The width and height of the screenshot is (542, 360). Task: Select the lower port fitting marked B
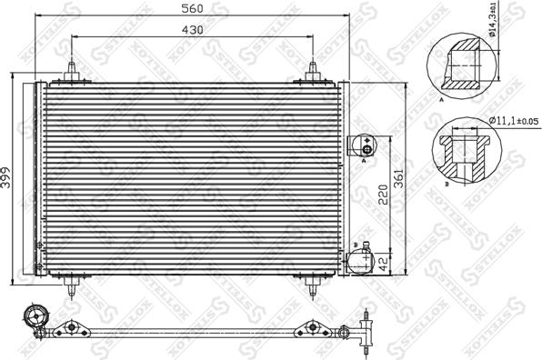click(x=361, y=259)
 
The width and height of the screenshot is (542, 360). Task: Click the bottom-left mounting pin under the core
click(x=71, y=283)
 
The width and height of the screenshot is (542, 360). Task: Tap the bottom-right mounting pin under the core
click(x=311, y=283)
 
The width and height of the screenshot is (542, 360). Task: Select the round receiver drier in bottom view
click(x=35, y=318)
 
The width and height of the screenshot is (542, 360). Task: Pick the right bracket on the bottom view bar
click(x=313, y=327)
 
